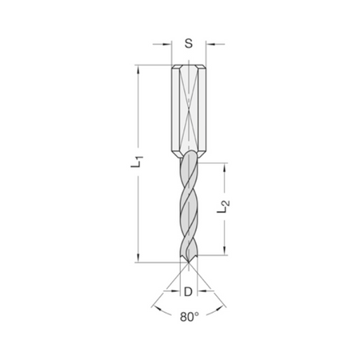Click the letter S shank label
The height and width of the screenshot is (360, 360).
tap(189, 43)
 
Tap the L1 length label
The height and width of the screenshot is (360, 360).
tap(137, 162)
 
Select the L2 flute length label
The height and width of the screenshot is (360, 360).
tap(223, 206)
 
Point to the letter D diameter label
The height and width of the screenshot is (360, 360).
tap(188, 292)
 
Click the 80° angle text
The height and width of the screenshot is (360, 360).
tap(190, 317)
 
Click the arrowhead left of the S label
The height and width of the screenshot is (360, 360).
tap(166, 44)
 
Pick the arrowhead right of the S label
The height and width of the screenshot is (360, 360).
tap(210, 44)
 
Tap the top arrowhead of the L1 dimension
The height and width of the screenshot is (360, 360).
tap(138, 70)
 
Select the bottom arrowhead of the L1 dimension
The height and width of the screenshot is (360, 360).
tap(138, 258)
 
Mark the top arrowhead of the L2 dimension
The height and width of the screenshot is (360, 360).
tap(225, 167)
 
